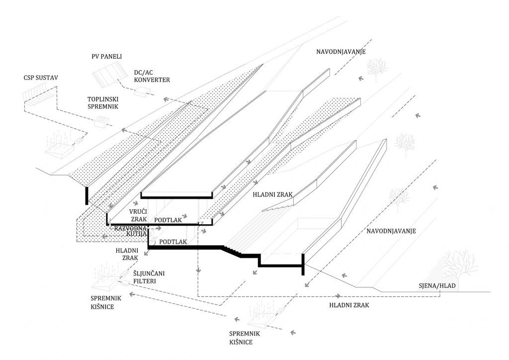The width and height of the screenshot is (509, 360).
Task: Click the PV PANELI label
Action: coord(107,57)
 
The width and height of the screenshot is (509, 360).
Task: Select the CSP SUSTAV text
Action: coord(41,78)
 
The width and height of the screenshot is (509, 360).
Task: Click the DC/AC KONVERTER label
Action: coord(152,76)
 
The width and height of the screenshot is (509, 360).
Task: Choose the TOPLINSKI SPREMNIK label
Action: coord(102,102)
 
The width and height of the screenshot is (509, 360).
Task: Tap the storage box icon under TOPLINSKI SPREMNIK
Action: coord(100,121)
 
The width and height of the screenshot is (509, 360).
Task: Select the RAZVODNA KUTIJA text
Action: coord(131,231)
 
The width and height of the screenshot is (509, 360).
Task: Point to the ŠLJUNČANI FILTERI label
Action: coord(149,277)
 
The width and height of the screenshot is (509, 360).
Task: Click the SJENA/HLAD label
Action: coord(437,286)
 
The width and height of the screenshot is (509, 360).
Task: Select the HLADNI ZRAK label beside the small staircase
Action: coord(272,195)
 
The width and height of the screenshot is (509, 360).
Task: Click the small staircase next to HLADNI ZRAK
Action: coord(277,206)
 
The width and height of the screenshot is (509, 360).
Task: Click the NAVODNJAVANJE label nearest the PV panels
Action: coord(341,52)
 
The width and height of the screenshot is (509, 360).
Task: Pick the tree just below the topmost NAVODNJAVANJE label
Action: coord(377,70)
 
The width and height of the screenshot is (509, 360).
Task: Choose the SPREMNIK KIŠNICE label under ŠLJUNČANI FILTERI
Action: coord(102,302)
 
